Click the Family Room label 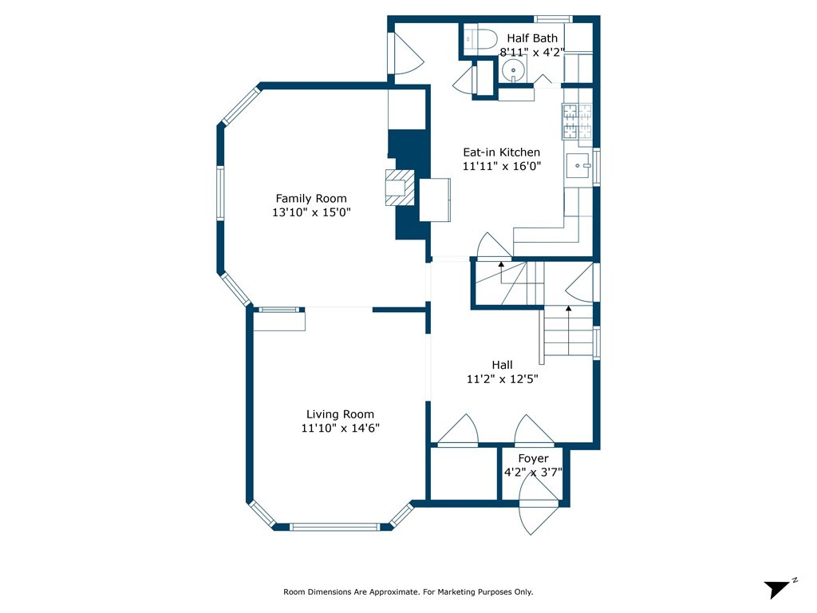pos(311,199)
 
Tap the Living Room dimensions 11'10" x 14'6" pos(340,428)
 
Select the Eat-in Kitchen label pos(502,152)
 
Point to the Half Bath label pos(532,38)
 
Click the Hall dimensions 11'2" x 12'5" pos(503,379)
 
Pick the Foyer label pos(533,458)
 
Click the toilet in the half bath pos(480,39)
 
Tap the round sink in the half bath pos(514,70)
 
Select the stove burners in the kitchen pos(577,121)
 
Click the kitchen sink pos(578,165)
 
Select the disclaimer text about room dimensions pos(408,591)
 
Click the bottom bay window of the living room pos(335,527)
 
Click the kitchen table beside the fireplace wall pos(435,200)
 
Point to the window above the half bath pos(554,19)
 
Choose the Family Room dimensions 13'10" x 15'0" pos(311,212)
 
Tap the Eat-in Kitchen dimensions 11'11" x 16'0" pos(502,166)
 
